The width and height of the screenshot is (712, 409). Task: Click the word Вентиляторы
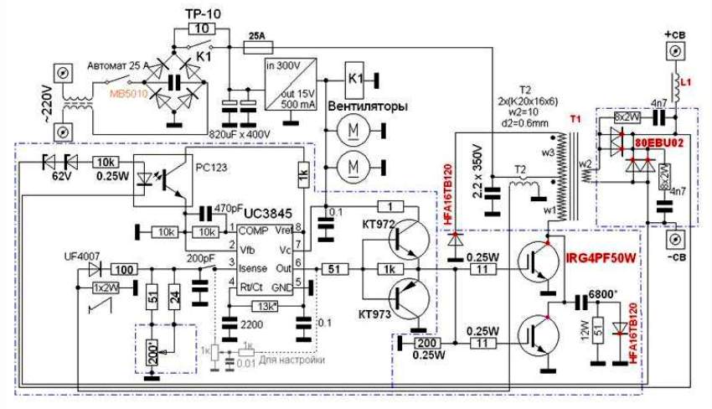(368, 108)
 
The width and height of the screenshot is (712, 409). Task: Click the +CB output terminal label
(675, 34)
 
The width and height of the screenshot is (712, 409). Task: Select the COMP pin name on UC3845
(252, 230)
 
